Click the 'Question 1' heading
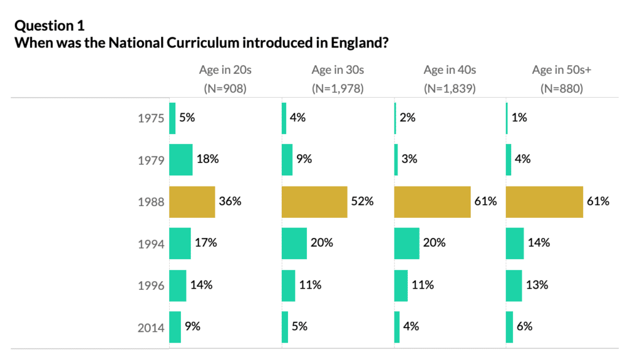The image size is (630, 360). [50, 26]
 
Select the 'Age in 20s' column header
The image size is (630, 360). [225, 70]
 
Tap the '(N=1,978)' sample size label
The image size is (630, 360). [338, 88]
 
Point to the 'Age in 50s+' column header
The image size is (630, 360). [561, 70]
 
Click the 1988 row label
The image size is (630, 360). [151, 202]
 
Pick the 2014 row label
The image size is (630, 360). [151, 327]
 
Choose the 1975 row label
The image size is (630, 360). [151, 118]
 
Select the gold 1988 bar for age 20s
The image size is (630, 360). [192, 202]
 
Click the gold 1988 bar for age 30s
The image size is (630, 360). [314, 202]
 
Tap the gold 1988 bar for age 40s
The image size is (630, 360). [432, 202]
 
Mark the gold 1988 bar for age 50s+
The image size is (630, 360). [544, 202]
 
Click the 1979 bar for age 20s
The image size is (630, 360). [181, 160]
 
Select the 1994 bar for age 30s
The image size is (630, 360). [294, 243]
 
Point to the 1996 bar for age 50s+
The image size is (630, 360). [514, 285]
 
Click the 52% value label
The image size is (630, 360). [362, 201]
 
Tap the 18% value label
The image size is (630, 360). [207, 159]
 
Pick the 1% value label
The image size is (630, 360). [519, 118]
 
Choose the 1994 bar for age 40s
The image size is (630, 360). [407, 243]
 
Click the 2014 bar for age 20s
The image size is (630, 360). [175, 327]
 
